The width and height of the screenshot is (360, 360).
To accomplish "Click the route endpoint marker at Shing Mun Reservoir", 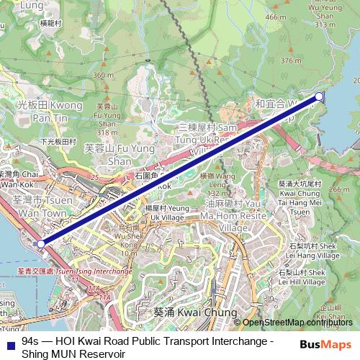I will click(320, 96).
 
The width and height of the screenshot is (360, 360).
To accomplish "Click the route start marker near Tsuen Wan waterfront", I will click(41, 244).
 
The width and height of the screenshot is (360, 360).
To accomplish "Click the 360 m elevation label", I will click(104, 75).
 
